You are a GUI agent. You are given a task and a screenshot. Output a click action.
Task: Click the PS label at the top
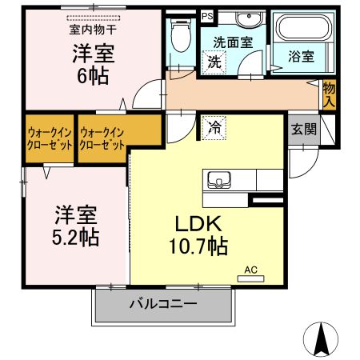[207, 15]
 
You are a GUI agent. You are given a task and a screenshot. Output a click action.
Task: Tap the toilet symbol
[181, 36]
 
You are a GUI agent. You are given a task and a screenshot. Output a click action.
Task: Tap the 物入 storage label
[329, 94]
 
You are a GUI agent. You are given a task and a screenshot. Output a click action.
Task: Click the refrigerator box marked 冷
[214, 126]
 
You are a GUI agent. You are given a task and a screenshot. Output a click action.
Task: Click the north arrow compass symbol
[322, 340]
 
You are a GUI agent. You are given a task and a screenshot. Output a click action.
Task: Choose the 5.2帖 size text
[76, 238]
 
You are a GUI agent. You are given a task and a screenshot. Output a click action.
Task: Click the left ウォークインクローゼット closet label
[50, 139]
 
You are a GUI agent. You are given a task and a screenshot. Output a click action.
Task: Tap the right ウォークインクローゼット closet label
[103, 139]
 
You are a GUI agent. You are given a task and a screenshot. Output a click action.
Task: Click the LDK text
[199, 224]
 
